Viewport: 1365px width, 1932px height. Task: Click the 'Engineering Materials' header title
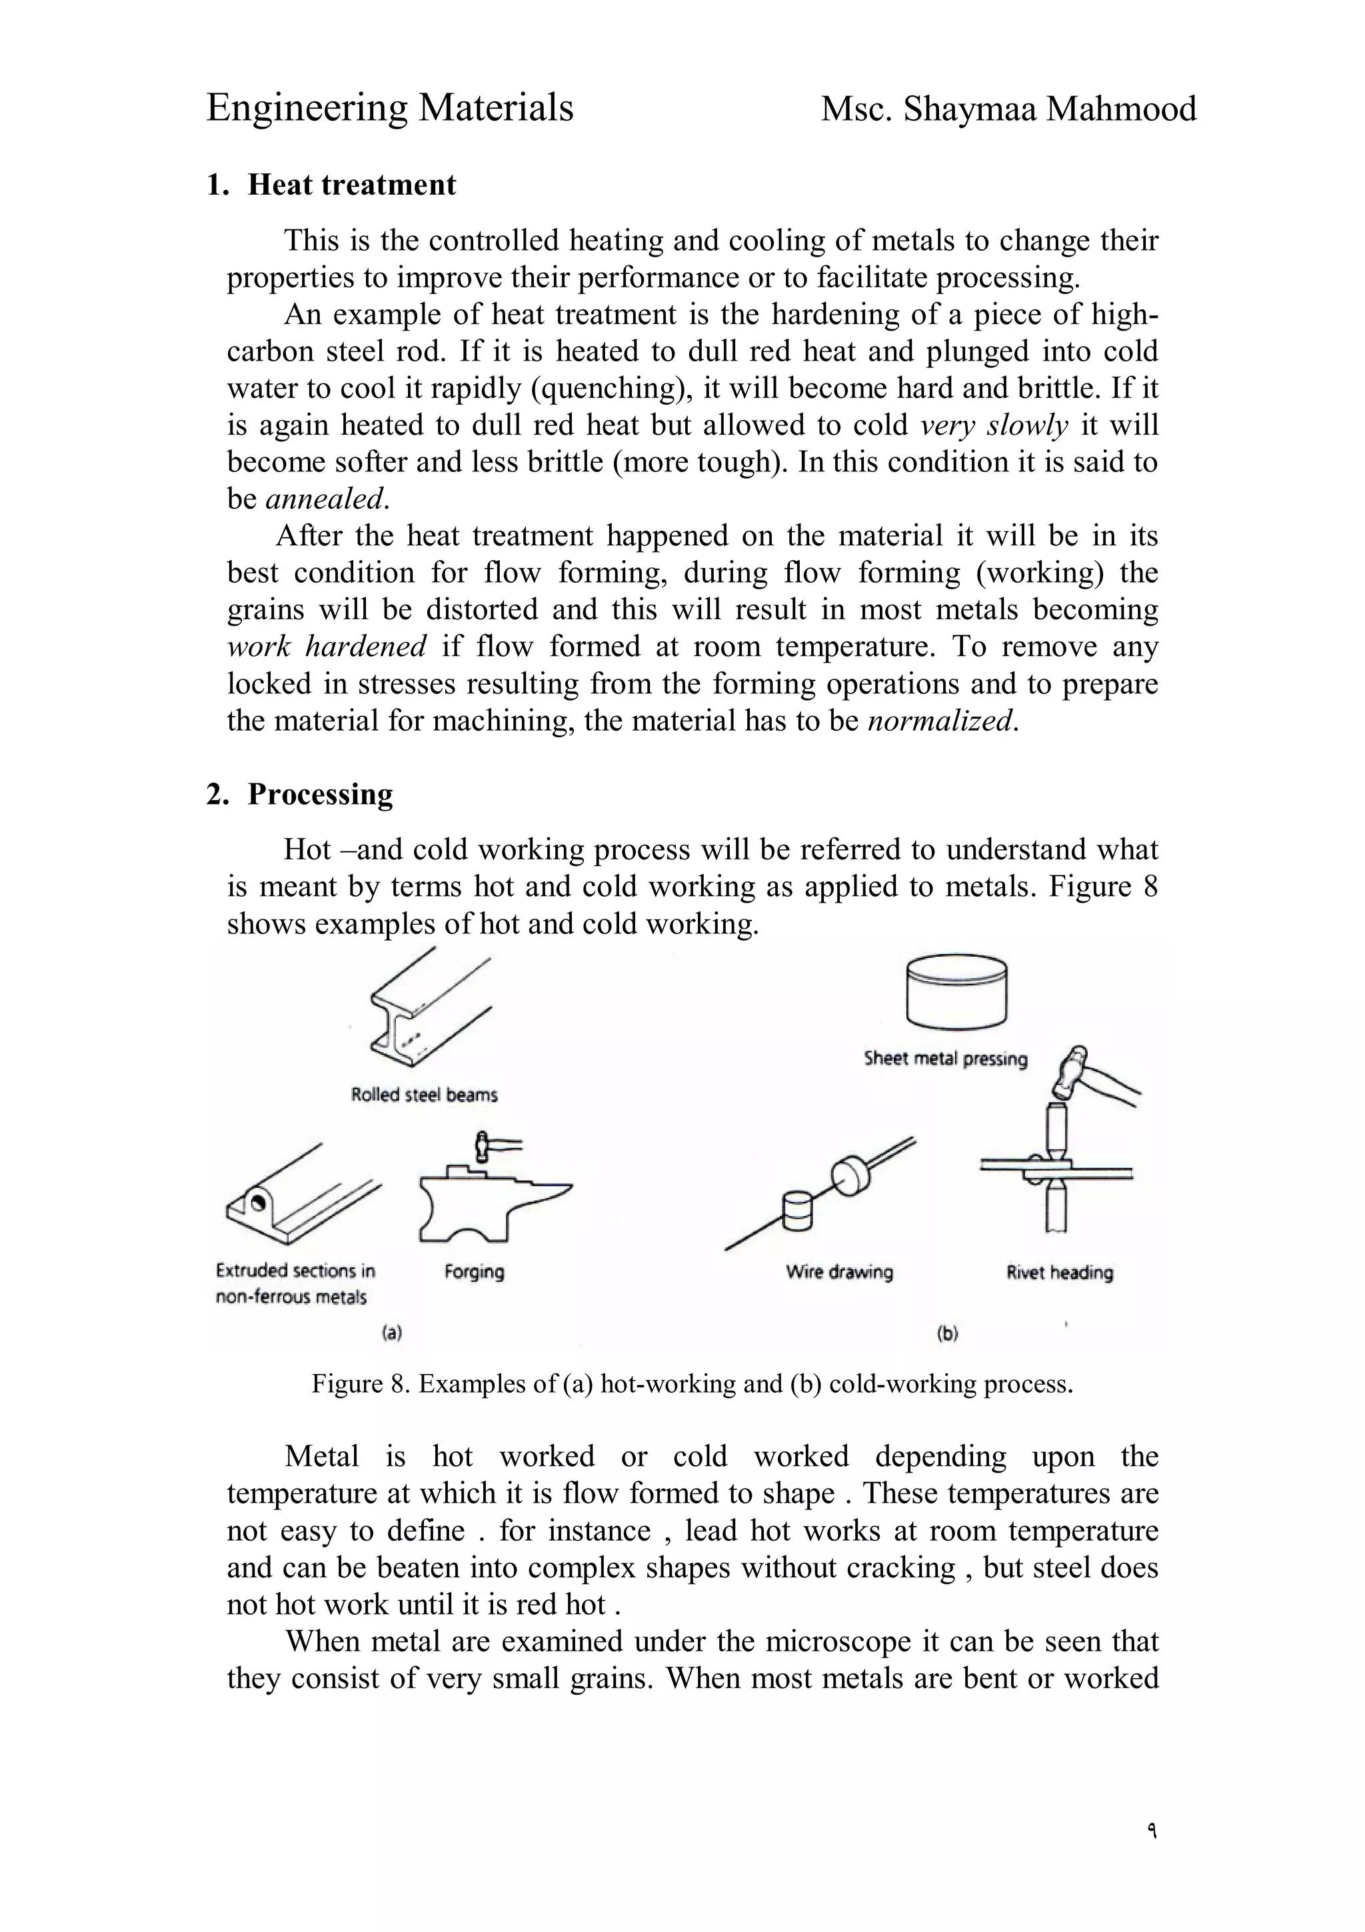pos(389,109)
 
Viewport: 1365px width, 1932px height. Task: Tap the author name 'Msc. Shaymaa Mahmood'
pos(1008,109)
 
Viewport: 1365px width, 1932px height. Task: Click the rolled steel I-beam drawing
pos(425,1010)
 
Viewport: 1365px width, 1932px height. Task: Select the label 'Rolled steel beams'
pos(424,1095)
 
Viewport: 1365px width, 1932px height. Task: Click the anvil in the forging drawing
pos(484,1204)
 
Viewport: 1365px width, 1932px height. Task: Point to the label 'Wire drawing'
pos(839,1271)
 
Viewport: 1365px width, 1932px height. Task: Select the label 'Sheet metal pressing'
pos(945,1059)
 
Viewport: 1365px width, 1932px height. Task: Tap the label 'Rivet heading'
pos(1060,1272)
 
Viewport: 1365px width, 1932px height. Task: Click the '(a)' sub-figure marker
pos(392,1333)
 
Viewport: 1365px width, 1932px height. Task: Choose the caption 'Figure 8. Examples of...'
pos(692,1384)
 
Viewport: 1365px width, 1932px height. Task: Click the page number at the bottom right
pos(1150,1829)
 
